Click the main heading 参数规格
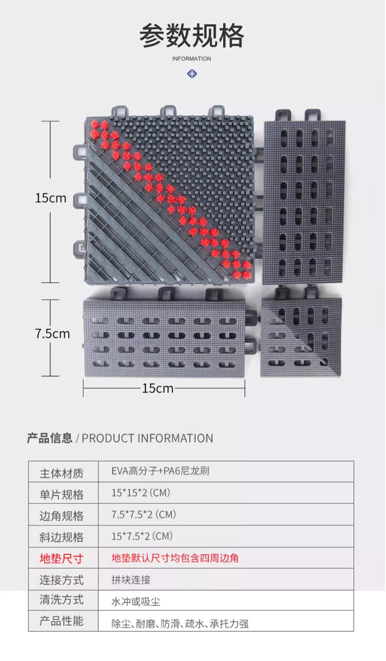click(192, 36)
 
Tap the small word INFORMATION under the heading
click(192, 59)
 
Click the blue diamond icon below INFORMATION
click(192, 74)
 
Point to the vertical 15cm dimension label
click(51, 198)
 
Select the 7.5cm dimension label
click(52, 334)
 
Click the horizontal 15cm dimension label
click(158, 388)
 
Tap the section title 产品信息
click(50, 438)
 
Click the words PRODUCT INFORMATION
click(147, 438)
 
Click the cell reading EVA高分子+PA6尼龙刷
click(160, 471)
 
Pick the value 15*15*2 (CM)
click(141, 493)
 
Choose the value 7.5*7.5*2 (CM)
click(144, 514)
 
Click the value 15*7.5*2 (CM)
click(142, 536)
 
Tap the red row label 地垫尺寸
click(62, 559)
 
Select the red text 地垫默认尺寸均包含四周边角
click(175, 558)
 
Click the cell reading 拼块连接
click(131, 580)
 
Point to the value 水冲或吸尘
click(136, 602)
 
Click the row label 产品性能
click(62, 621)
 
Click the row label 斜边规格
click(62, 537)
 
